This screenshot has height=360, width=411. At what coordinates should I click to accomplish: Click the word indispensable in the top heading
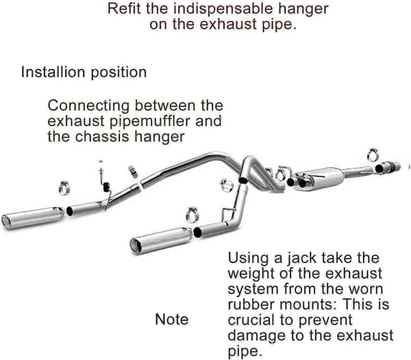pos(223,9)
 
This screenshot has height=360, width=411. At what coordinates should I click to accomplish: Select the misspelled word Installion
pos(53,72)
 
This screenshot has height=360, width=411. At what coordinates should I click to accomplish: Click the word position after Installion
pos(119,73)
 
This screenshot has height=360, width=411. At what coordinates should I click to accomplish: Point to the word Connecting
pos(88,106)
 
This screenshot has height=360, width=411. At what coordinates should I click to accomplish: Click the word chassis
pos(103,136)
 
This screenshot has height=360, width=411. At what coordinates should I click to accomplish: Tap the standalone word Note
pos(172,320)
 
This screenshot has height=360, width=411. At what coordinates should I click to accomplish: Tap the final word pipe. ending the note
pos(245,351)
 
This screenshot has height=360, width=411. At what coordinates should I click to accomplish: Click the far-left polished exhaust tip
pos(33,218)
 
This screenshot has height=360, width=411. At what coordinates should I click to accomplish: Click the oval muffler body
pos(321,179)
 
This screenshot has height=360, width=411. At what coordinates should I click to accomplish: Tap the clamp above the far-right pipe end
pos(373,155)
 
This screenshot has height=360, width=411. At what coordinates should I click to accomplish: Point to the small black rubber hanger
pos(106,187)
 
